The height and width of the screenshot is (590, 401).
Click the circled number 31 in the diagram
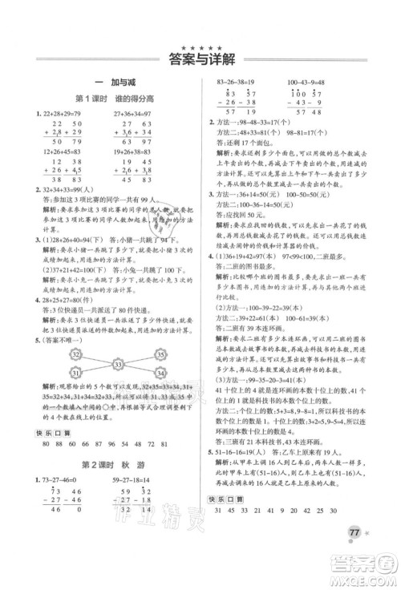click(x=77, y=351)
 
